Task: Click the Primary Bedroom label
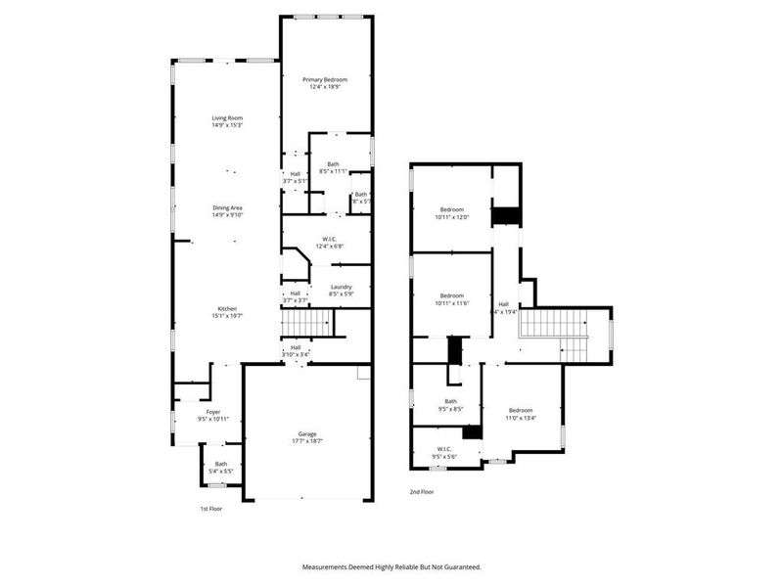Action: click(x=326, y=79)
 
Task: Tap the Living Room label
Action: click(x=227, y=118)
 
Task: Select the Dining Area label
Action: click(x=227, y=208)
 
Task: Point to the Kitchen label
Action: click(x=227, y=309)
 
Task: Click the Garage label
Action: click(x=307, y=434)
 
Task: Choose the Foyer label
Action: click(x=212, y=413)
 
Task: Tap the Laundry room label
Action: click(x=341, y=287)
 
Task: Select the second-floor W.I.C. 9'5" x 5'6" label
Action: click(x=451, y=451)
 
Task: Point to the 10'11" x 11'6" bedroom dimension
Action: click(x=451, y=302)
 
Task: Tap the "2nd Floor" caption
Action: click(x=421, y=492)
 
